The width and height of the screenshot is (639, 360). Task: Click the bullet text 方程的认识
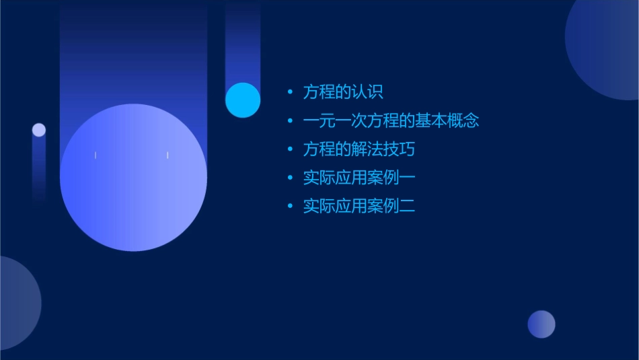point(343,92)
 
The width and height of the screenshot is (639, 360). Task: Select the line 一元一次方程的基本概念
point(391,121)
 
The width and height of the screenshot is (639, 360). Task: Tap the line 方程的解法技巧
point(359,149)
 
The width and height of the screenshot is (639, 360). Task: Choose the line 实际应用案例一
point(359,178)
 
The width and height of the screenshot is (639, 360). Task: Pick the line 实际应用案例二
point(359,206)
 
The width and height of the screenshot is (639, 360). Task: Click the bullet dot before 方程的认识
point(290,92)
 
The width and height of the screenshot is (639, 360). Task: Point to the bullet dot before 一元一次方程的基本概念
point(290,121)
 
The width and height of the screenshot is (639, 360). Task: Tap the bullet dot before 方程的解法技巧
point(290,149)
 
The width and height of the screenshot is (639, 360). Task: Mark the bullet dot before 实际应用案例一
point(290,178)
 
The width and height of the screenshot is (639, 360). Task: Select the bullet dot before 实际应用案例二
point(290,206)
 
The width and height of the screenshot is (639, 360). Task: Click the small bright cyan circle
point(243,100)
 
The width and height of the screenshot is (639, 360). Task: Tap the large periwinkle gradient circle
point(133,177)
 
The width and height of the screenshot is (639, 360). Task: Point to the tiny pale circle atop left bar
point(39,130)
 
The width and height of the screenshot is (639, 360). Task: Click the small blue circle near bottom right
point(541,324)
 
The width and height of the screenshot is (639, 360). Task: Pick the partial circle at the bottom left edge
point(17,303)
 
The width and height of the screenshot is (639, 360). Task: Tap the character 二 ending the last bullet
point(408,206)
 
